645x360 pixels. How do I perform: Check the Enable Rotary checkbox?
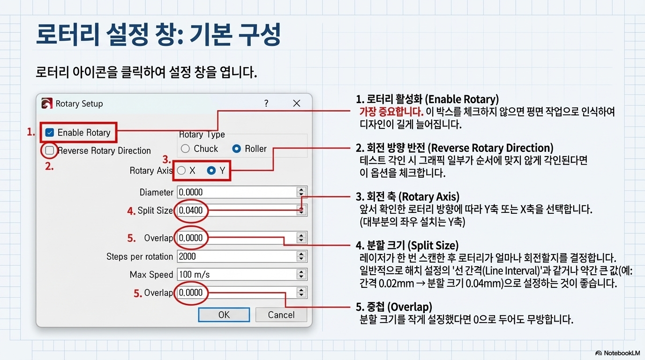pyautogui.click(x=50, y=133)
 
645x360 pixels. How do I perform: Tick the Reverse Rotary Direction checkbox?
pyautogui.click(x=50, y=150)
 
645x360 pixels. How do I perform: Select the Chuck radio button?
pyautogui.click(x=186, y=149)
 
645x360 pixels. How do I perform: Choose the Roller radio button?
pyautogui.click(x=237, y=149)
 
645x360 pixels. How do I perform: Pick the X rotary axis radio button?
pyautogui.click(x=182, y=171)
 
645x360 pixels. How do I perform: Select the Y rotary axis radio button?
pyautogui.click(x=211, y=171)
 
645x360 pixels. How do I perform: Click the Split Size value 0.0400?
pyautogui.click(x=191, y=210)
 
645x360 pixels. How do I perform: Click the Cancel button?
pyautogui.click(x=281, y=315)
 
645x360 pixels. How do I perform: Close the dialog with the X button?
pyautogui.click(x=296, y=104)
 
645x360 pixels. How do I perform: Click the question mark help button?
pyautogui.click(x=266, y=104)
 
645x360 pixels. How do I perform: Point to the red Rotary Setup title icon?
pyautogui.click(x=47, y=104)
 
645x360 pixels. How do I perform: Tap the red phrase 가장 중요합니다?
pyautogui.click(x=391, y=112)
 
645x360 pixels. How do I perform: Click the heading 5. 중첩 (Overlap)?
pyautogui.click(x=394, y=307)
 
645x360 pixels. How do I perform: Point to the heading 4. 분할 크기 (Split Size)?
pyautogui.click(x=407, y=245)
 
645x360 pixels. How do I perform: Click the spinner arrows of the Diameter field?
pyautogui.click(x=301, y=192)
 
